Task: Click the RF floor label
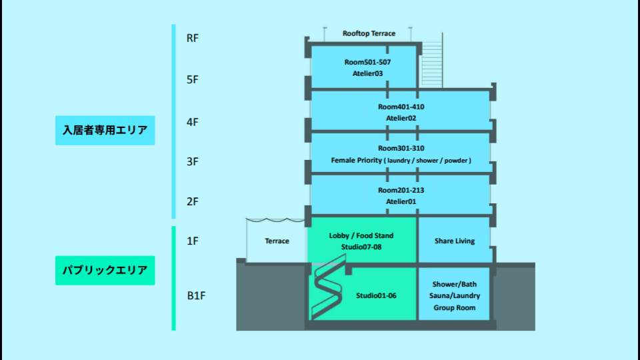coord(193,38)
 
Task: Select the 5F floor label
coord(193,79)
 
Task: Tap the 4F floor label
coord(193,122)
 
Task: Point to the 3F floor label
coord(193,161)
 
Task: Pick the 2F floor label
coord(193,201)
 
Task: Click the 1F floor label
coord(193,241)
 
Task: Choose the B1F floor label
coord(195,295)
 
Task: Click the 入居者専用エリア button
coord(105,130)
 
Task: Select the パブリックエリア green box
coord(105,271)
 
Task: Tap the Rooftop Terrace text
coord(369,33)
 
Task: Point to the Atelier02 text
coord(401,118)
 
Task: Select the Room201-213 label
coord(401,191)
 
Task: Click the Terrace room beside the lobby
coord(277,241)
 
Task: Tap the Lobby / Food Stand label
coord(361,235)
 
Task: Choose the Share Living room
coord(455,241)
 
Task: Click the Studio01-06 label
coord(376,295)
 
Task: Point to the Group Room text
coord(454,308)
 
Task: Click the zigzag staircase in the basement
coord(327,290)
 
